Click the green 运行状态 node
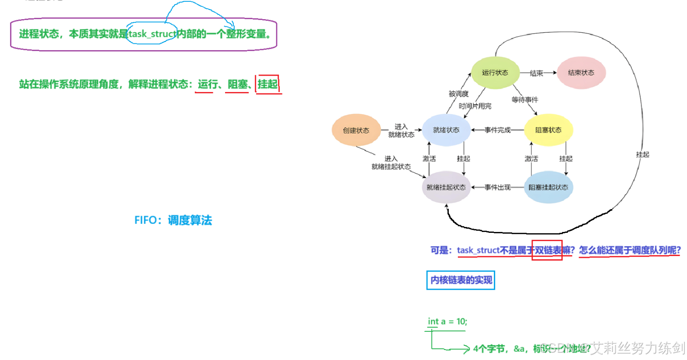[x=495, y=73]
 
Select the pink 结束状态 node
[x=581, y=73]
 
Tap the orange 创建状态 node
[x=356, y=130]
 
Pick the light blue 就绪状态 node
[x=446, y=130]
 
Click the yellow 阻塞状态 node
[x=549, y=130]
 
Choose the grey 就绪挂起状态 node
[x=446, y=187]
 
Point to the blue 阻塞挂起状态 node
[x=549, y=187]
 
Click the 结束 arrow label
[x=536, y=73]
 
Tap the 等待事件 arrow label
[x=525, y=98]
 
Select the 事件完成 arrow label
[x=497, y=130]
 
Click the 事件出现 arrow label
[x=497, y=187]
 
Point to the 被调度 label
[x=458, y=94]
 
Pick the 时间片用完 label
[x=476, y=106]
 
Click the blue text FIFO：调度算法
[x=173, y=221]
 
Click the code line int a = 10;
[x=447, y=322]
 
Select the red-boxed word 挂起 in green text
[x=267, y=84]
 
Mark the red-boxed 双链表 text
[x=547, y=250]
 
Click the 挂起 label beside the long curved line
[x=642, y=154]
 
